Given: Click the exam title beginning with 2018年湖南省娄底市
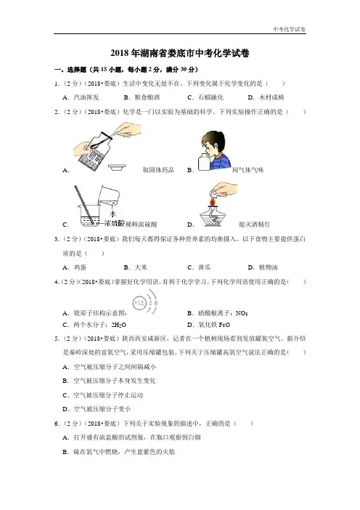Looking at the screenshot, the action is [180, 53].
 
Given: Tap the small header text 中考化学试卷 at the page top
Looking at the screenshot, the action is [289, 29].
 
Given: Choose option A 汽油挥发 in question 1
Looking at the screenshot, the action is [81, 97].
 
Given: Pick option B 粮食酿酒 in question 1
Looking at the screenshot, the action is [142, 97].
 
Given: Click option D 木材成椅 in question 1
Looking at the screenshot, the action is [266, 97].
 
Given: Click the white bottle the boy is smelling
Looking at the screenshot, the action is [204, 162].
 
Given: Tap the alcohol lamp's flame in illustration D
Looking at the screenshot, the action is [213, 202].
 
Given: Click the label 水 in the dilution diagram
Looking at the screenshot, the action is [112, 214].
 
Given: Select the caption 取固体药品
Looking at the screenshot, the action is [158, 170].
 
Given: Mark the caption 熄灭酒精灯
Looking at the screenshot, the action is [254, 224].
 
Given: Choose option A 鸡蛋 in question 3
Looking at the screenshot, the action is [75, 267].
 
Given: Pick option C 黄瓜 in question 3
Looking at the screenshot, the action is [199, 267].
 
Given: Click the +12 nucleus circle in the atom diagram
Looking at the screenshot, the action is [139, 303].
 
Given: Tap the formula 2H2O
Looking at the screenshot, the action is [118, 325].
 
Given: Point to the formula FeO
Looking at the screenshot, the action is [224, 325].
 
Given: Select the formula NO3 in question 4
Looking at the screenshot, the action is [242, 313].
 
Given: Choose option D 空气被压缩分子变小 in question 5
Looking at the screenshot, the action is [97, 409].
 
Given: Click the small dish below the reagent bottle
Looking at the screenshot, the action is [116, 167].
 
